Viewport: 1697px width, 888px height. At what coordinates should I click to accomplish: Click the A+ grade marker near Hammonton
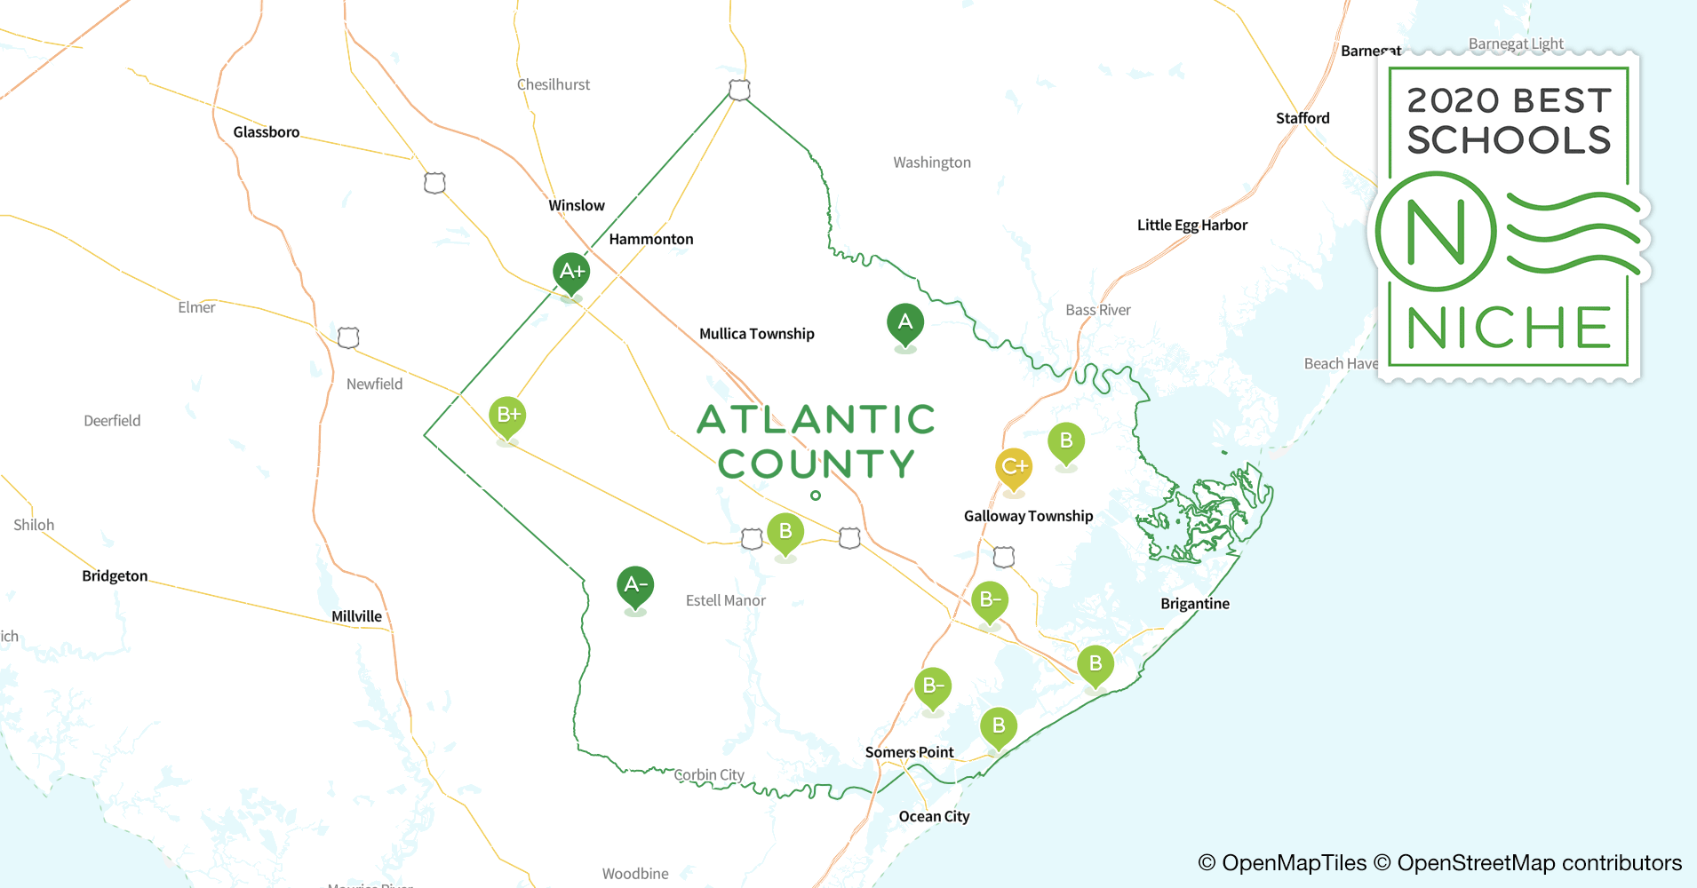[571, 272]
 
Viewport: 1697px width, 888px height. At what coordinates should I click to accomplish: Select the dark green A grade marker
[904, 322]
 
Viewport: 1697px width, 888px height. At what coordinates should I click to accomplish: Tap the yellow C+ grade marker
[1014, 467]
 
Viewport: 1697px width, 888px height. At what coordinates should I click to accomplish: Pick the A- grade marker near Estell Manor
[634, 585]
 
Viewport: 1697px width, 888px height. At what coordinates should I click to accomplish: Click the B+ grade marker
[507, 415]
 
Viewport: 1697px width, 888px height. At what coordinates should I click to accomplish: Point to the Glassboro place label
[266, 132]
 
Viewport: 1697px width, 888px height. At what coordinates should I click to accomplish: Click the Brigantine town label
[1194, 604]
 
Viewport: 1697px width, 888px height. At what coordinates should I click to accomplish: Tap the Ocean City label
[934, 817]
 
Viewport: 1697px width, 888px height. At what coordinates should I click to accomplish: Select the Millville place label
[356, 616]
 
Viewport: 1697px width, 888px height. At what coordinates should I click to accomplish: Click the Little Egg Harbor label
[1191, 226]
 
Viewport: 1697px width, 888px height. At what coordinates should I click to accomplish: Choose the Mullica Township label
[756, 334]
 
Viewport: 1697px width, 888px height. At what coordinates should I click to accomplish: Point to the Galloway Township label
[1028, 516]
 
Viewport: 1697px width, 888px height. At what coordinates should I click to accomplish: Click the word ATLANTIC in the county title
[816, 420]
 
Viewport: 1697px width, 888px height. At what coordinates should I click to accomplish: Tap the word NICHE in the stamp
[1509, 329]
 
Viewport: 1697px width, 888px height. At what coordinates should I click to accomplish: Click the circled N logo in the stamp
[1436, 233]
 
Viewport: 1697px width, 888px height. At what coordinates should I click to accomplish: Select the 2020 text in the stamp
[1453, 101]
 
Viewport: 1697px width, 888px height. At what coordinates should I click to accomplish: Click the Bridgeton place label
[115, 576]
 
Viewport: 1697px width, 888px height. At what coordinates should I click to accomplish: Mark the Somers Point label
[909, 752]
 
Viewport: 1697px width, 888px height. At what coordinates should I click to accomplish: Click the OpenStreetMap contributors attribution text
[1539, 863]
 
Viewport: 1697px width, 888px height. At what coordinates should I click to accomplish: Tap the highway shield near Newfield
[348, 337]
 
